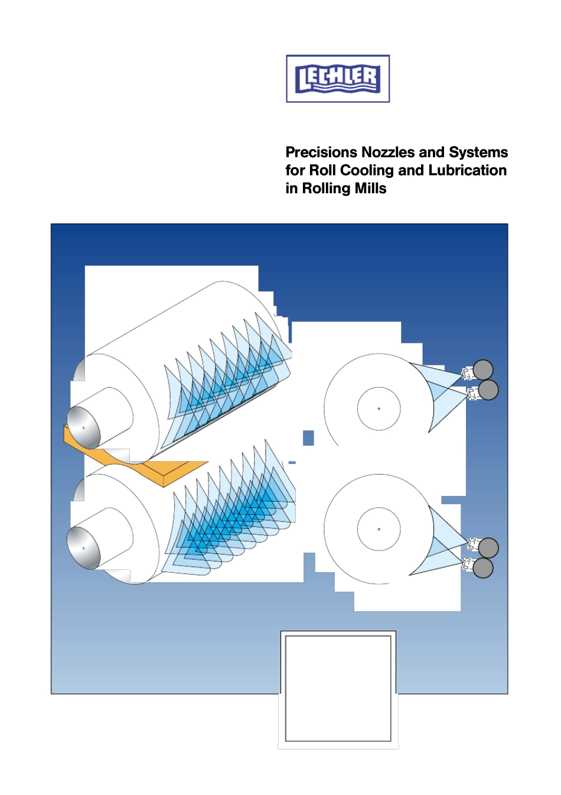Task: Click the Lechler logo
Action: [x=338, y=79]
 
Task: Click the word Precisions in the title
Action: [x=322, y=152]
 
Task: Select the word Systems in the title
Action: [x=478, y=152]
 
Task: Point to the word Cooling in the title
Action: [x=368, y=171]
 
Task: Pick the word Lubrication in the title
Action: [x=467, y=170]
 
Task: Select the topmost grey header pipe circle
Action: [x=482, y=369]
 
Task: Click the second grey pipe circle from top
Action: [x=488, y=390]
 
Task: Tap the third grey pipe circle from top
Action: [x=488, y=547]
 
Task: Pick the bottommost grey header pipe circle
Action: [x=482, y=568]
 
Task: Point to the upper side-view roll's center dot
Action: [x=379, y=408]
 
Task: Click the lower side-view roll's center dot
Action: [x=379, y=529]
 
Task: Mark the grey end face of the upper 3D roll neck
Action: [x=83, y=428]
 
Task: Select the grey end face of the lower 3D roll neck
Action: [x=83, y=548]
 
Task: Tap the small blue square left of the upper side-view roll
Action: [x=308, y=437]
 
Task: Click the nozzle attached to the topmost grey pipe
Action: [x=467, y=372]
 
